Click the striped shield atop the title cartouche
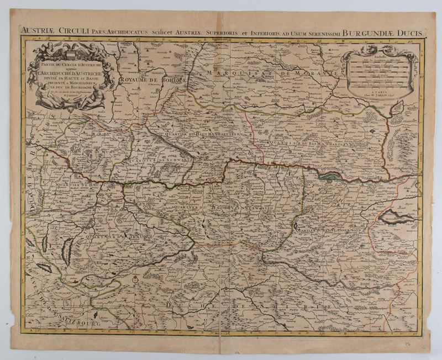72,47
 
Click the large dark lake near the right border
396,217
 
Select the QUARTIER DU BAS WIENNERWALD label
331,227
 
